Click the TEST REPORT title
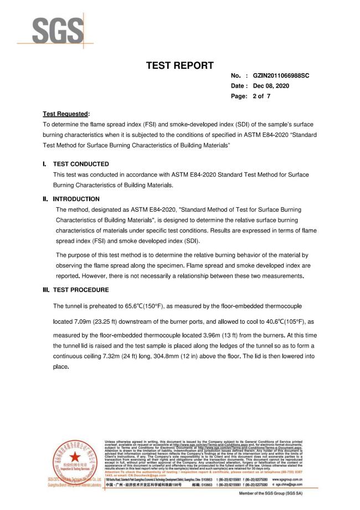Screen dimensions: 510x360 coord(179,66)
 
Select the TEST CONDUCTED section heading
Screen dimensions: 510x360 coord(81,164)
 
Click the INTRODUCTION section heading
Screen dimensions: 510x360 coord(76,199)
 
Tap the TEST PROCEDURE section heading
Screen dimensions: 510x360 coord(81,290)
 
